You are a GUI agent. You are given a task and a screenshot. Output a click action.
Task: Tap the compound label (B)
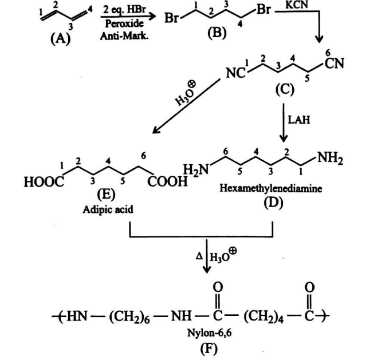pos(217,33)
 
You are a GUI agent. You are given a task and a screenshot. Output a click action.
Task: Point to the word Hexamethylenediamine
pos(265,188)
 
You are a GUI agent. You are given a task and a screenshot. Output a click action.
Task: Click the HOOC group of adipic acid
pos(43,183)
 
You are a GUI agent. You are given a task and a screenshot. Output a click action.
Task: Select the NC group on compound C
pos(235,74)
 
